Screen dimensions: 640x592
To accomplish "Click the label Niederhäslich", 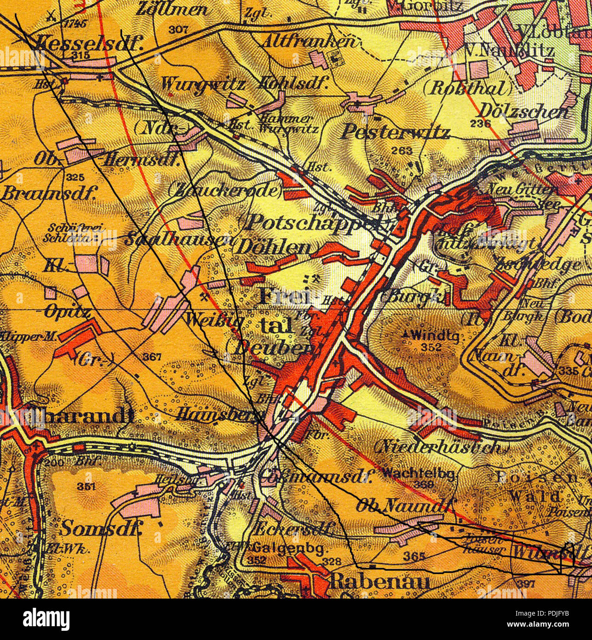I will tap(437, 447).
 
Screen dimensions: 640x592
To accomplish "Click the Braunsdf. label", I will tap(48, 193).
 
